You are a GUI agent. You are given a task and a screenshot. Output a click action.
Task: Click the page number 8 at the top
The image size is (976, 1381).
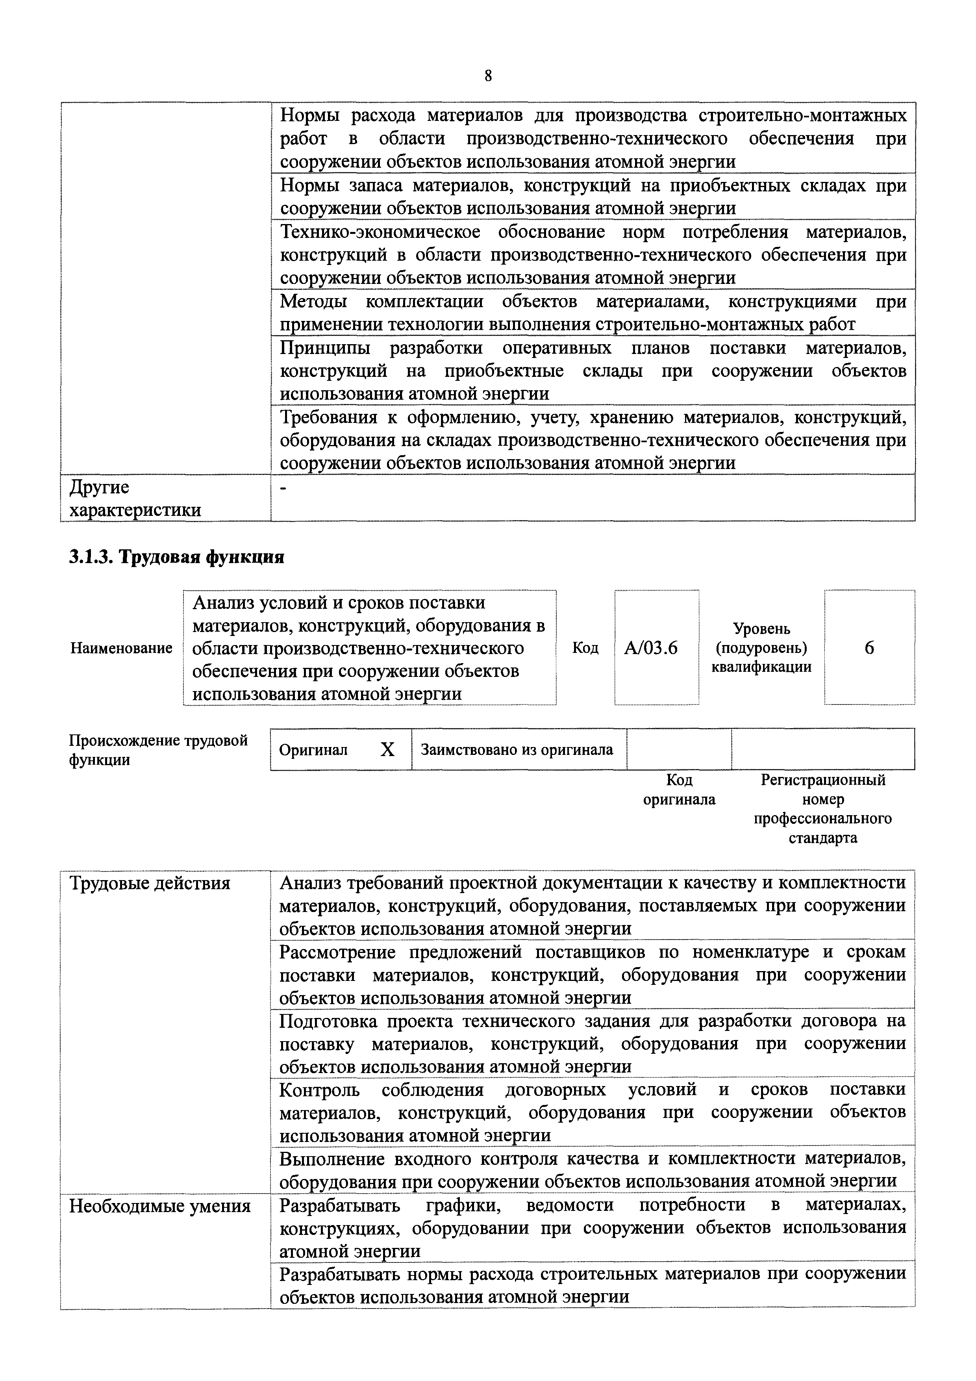[488, 76]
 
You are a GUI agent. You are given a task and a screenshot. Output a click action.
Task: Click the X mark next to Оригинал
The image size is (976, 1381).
[388, 749]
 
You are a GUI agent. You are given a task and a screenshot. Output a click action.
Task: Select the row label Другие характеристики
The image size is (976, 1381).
[135, 499]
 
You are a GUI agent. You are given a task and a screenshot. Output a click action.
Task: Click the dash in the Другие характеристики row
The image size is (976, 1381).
[284, 488]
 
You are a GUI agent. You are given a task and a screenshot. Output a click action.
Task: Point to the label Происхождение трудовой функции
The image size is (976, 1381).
[158, 749]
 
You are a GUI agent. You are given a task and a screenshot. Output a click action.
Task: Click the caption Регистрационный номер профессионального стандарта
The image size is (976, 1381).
[823, 809]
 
